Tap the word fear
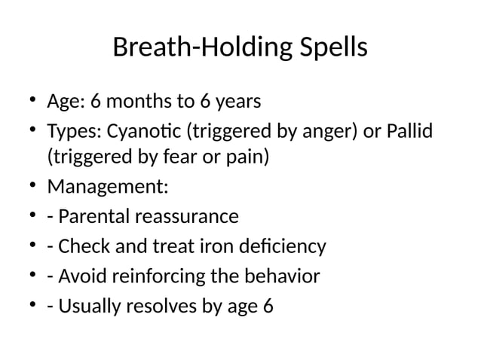[x=172, y=158]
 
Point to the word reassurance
[x=185, y=217]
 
